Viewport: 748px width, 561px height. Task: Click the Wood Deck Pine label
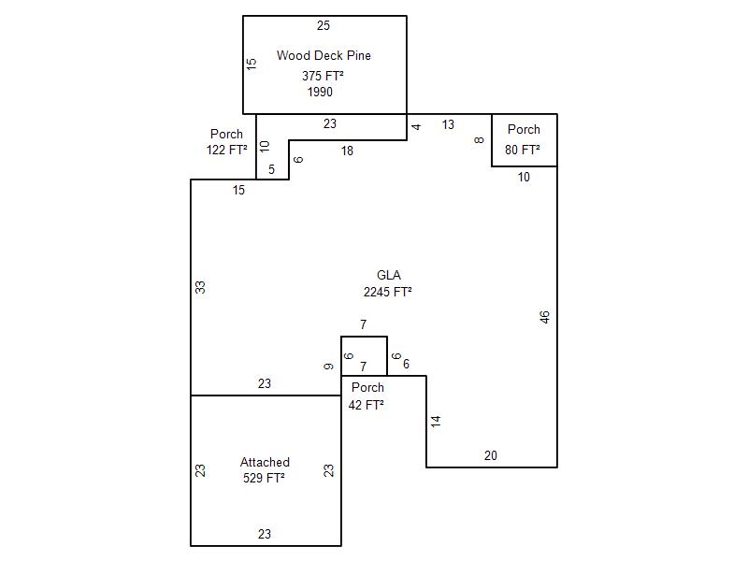tap(324, 56)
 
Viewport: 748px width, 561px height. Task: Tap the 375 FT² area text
tap(324, 76)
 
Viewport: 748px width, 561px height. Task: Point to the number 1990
tap(320, 92)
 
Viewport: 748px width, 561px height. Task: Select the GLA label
tap(389, 275)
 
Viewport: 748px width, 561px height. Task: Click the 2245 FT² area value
tap(388, 292)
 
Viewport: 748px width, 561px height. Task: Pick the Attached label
tap(265, 462)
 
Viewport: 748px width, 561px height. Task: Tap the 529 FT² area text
tap(264, 478)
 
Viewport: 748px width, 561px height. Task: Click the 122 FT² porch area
tap(227, 150)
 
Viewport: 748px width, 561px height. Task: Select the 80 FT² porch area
tap(524, 150)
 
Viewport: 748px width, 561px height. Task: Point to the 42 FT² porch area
tap(367, 405)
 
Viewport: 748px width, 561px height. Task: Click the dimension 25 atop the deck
tap(324, 25)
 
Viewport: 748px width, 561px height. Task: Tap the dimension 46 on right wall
tap(545, 317)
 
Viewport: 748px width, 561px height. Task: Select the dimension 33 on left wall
tap(200, 287)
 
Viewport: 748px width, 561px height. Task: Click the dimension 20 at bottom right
tap(491, 455)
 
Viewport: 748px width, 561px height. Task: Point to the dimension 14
tap(436, 422)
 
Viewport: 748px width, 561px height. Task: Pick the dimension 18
tap(347, 151)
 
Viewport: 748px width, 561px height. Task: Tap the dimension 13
tap(449, 124)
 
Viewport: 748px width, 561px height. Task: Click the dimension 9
tap(329, 367)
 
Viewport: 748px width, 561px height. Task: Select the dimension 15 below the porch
tap(239, 190)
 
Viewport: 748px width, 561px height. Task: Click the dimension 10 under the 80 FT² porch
tap(524, 176)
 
